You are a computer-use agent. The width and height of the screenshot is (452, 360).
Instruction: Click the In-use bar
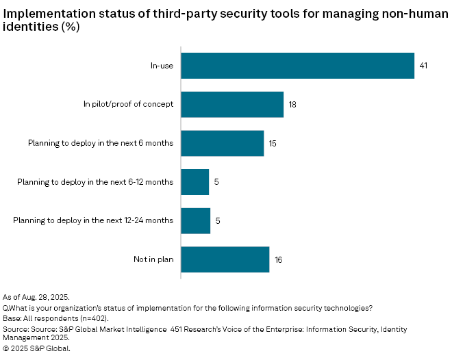coord(298,66)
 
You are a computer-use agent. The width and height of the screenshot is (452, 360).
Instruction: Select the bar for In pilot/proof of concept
coord(232,105)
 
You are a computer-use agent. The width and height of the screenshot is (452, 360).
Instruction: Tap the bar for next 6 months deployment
coord(223,143)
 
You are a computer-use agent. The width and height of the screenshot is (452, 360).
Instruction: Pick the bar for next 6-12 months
coord(195,182)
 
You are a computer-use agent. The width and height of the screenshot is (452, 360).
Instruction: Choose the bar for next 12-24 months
coord(196,220)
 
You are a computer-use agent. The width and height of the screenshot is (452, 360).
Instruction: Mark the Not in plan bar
coord(225,259)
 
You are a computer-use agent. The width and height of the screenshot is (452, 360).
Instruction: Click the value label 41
coord(423,66)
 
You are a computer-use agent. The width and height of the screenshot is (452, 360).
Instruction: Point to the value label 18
coord(292,105)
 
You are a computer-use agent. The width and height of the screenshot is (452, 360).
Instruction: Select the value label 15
coord(273,143)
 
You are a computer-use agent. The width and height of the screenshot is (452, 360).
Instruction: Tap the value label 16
coord(278,259)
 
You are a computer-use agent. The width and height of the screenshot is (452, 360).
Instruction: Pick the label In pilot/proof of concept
coord(129,105)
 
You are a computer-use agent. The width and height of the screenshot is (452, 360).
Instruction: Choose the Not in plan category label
coord(153,259)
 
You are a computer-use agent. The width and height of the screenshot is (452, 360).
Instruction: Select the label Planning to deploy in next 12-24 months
coord(94,220)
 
